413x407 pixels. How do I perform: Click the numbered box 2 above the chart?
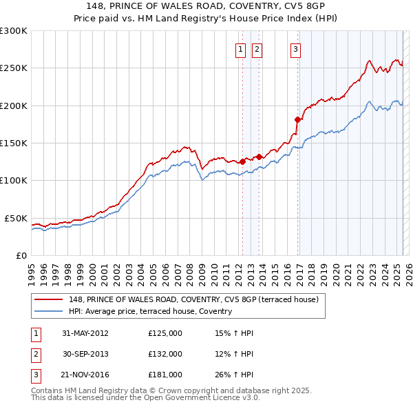click(257, 49)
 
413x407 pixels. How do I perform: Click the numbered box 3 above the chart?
click(295, 49)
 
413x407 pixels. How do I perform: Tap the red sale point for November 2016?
click(298, 119)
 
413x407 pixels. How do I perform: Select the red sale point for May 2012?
click(242, 161)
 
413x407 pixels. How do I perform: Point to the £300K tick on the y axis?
click(14, 31)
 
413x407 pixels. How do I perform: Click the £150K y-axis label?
click(14, 143)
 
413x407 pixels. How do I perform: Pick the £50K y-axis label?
click(17, 218)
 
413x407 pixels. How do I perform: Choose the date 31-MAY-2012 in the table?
click(85, 333)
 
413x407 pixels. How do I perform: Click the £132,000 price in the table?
click(165, 354)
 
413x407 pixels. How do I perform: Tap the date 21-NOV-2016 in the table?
click(85, 375)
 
